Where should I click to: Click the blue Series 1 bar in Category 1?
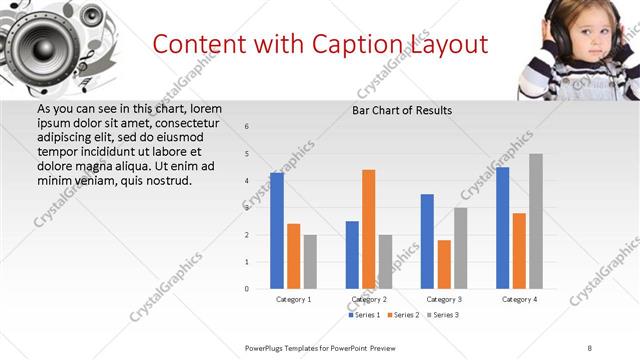point(277,231)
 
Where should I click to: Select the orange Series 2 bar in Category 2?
point(368,229)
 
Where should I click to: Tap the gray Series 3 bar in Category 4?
point(536,221)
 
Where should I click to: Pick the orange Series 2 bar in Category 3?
point(444,264)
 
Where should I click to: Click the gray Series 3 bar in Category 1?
point(310,262)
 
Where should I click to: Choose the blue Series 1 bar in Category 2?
point(352,255)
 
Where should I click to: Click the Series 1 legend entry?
point(364,315)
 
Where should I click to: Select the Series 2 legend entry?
point(403,315)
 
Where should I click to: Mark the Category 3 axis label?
point(444,299)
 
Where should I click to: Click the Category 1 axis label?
point(293,299)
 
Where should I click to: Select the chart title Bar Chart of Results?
point(402,110)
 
